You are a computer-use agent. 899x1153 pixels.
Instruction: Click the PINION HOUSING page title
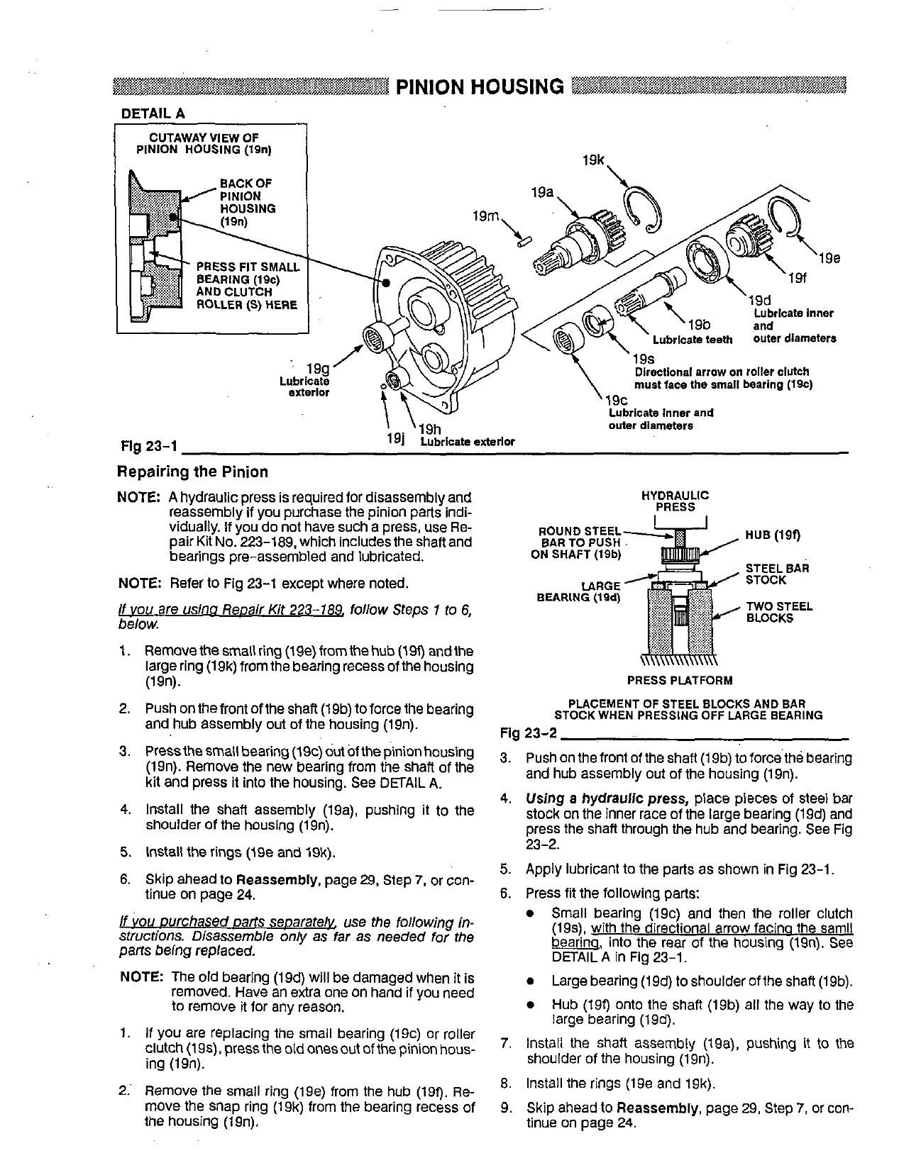(x=480, y=87)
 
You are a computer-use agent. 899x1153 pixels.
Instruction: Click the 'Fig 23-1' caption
(x=147, y=446)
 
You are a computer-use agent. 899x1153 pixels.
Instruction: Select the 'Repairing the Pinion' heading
(x=192, y=472)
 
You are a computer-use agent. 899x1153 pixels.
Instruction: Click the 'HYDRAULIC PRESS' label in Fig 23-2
(x=675, y=501)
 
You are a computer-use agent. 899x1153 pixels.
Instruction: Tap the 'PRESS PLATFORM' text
(x=679, y=681)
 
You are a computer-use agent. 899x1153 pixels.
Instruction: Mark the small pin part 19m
(x=524, y=241)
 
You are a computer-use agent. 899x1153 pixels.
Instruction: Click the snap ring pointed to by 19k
(x=643, y=206)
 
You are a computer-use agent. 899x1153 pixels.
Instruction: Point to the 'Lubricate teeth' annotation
(x=692, y=340)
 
